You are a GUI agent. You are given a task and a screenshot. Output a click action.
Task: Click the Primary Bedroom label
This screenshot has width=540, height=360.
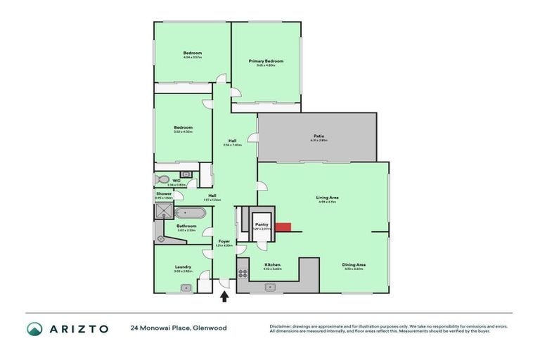[x=266, y=61]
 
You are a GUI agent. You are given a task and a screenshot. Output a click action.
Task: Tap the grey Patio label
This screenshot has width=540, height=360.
[x=319, y=136]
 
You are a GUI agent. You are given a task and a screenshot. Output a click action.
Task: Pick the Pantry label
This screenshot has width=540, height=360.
[x=262, y=224]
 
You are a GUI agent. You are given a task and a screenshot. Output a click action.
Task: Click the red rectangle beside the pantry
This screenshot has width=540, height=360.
[x=283, y=226]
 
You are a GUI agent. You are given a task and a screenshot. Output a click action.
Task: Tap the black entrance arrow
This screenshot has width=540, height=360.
[x=224, y=297]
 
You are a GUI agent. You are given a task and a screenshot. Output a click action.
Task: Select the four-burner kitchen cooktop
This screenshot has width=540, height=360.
[x=243, y=274]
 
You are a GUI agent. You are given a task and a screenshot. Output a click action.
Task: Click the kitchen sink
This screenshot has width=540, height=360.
[x=270, y=287]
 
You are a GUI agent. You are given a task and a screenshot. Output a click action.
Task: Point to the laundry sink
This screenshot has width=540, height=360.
[x=186, y=287]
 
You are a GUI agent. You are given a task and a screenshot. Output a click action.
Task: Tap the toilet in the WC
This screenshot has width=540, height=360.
[x=162, y=179]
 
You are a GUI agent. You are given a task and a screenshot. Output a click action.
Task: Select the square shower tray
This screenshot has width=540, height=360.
[x=163, y=210]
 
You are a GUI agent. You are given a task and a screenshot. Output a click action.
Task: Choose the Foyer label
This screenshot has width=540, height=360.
[x=224, y=241]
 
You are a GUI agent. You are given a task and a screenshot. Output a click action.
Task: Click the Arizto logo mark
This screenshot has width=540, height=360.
[x=34, y=328]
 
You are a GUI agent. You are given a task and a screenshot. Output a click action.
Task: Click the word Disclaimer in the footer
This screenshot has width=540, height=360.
[x=281, y=326]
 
